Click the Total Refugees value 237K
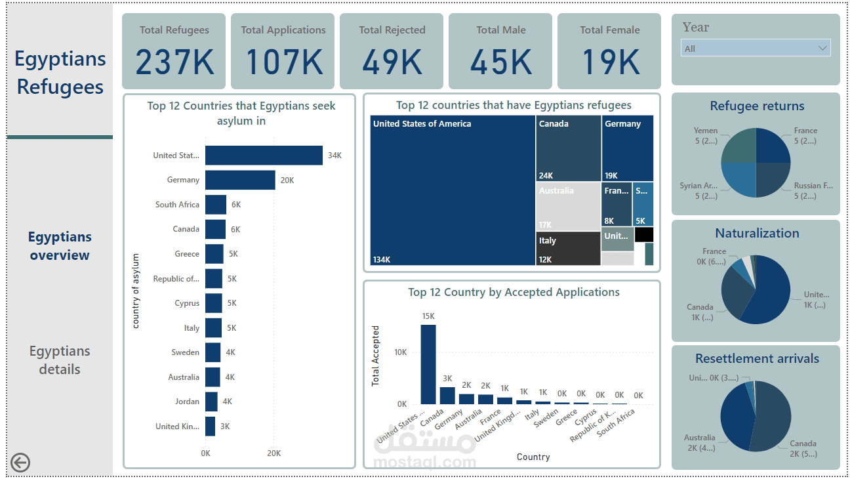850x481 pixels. [174, 62]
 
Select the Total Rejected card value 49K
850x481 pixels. [392, 62]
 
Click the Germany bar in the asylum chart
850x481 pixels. [240, 180]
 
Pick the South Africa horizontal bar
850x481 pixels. [216, 205]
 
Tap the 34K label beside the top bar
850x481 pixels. [334, 156]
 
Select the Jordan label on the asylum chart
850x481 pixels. [188, 402]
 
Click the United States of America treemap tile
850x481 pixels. [453, 190]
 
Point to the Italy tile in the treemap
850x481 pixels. [568, 249]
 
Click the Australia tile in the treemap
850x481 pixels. [568, 207]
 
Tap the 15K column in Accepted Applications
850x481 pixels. [428, 364]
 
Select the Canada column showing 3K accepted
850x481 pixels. [447, 395]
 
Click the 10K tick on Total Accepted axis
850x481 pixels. [400, 352]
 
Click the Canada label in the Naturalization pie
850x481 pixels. [700, 307]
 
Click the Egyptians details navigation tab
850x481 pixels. [60, 360]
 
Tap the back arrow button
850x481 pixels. [20, 463]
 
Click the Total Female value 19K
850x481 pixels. [610, 62]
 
